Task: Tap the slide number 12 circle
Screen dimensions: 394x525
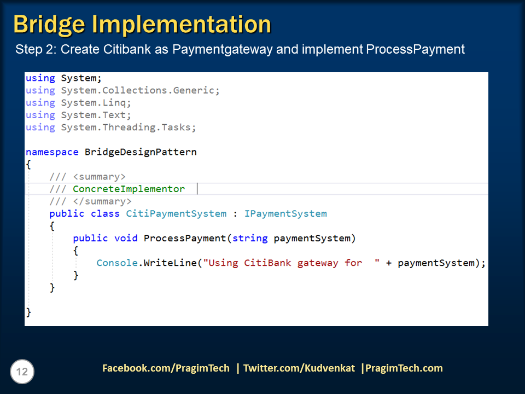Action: (22, 372)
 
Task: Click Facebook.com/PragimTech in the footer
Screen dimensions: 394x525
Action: (166, 368)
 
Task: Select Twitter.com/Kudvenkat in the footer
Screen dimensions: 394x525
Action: (300, 368)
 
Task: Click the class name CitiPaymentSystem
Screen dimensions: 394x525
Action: (176, 213)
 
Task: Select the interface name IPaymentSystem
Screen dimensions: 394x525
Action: (285, 213)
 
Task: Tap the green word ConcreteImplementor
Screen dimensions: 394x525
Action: (129, 189)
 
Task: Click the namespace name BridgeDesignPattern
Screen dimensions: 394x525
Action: (141, 152)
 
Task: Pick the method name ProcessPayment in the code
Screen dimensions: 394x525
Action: (185, 238)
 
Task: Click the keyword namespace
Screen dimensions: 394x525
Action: (52, 152)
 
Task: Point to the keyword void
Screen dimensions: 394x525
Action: (126, 238)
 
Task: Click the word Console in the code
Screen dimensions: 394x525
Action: (117, 263)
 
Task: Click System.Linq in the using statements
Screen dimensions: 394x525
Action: (96, 103)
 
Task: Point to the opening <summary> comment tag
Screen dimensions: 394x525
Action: (99, 177)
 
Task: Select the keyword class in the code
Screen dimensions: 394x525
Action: (105, 213)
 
